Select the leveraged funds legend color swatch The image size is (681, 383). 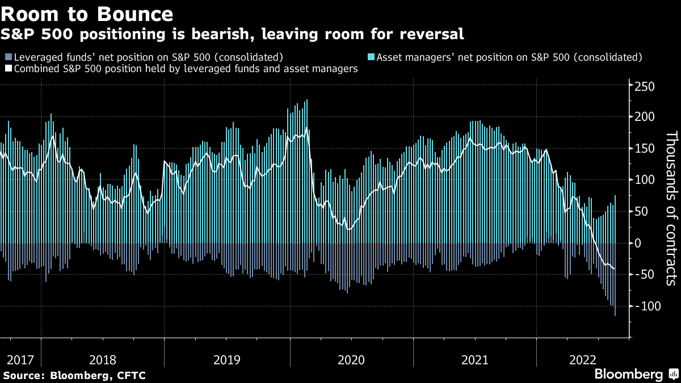(x=8, y=57)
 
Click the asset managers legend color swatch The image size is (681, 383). (x=371, y=57)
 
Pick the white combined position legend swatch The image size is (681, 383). (x=8, y=69)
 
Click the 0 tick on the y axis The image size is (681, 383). (x=638, y=243)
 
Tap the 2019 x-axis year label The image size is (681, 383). (x=226, y=359)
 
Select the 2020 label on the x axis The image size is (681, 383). (x=351, y=359)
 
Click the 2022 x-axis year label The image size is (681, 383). (x=582, y=359)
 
